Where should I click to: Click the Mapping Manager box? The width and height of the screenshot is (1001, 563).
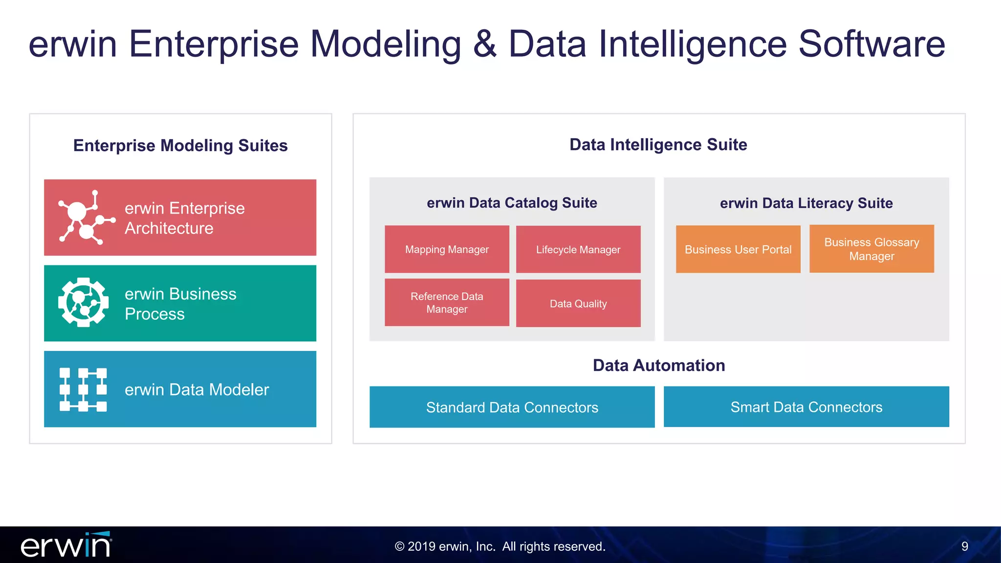447,249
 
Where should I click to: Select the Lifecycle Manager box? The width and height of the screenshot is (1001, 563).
578,249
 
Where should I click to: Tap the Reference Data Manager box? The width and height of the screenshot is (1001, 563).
447,303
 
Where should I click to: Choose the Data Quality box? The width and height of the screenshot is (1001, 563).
578,303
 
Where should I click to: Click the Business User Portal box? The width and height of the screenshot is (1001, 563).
738,249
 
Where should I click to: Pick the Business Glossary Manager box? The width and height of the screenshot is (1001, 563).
871,249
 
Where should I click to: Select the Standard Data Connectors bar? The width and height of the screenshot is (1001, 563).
512,407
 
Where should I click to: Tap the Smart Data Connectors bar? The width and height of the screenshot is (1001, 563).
806,407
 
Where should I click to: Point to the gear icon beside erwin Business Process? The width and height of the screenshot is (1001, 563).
83,303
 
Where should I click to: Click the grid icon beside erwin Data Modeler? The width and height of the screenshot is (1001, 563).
83,390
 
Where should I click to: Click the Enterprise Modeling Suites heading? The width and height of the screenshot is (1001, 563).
180,146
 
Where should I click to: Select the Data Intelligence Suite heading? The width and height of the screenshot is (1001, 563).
658,145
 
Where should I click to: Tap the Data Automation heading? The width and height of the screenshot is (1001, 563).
658,366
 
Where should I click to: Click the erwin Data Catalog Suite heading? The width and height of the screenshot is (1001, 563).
512,203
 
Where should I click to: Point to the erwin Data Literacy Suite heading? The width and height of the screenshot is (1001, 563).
806,203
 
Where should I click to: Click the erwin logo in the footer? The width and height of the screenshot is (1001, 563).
66,545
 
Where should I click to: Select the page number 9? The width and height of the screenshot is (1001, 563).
964,546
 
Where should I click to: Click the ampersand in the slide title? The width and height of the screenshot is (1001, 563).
484,44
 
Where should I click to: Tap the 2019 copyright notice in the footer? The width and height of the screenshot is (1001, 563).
500,546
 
